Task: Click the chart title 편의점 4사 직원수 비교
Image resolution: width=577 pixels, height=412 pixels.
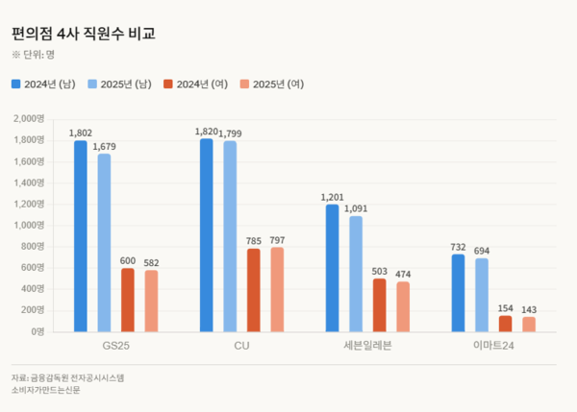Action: [84, 34]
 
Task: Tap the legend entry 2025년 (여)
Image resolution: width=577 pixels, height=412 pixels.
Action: [274, 85]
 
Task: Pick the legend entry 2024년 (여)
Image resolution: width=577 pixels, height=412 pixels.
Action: [199, 85]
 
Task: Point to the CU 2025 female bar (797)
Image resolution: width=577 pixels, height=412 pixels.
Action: [278, 289]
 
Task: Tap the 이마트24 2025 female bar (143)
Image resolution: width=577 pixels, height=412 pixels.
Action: [529, 324]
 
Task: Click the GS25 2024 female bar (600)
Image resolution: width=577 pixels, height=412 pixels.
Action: [128, 300]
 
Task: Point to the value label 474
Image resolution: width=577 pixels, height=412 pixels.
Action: [403, 273]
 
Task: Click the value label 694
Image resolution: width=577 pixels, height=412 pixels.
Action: [482, 250]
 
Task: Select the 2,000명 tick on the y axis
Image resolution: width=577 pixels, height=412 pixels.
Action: [27, 119]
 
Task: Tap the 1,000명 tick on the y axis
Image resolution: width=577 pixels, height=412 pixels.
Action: [27, 225]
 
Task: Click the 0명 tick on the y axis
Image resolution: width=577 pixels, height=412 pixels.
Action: [36, 331]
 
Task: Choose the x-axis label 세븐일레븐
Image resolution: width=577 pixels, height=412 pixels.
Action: [367, 345]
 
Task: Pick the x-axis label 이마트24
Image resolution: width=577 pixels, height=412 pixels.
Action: [493, 345]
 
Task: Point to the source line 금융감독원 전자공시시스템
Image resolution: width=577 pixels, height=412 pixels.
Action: [77, 377]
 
